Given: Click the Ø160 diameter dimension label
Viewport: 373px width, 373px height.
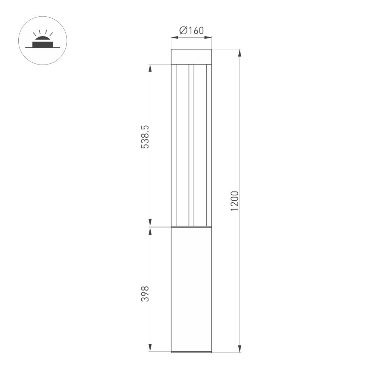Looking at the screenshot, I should (191, 31).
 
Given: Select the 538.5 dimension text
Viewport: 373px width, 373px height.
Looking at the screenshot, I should (145, 137).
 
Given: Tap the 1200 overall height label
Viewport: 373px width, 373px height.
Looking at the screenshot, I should (234, 201).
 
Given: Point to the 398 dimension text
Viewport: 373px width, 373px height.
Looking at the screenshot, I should (145, 294).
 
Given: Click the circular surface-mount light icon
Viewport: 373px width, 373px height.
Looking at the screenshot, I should (42, 40).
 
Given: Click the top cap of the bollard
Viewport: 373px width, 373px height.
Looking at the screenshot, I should (191, 56).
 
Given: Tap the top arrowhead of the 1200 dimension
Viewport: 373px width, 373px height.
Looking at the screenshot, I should (239, 53).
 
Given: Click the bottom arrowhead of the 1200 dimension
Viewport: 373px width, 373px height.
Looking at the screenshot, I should (239, 348).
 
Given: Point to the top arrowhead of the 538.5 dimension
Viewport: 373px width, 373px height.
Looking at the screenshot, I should (150, 68).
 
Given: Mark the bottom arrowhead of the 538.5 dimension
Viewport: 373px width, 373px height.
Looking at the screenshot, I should (150, 222).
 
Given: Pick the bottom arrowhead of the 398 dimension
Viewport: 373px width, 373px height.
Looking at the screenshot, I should (150, 347).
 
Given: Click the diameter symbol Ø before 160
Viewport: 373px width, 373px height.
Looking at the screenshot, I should (183, 31).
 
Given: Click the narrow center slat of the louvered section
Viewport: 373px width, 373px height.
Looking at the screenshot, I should (191, 145).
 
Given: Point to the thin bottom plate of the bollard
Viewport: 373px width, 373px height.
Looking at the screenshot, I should (191, 352).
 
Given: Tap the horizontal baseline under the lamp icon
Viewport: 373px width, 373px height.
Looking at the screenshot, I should (42, 47).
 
